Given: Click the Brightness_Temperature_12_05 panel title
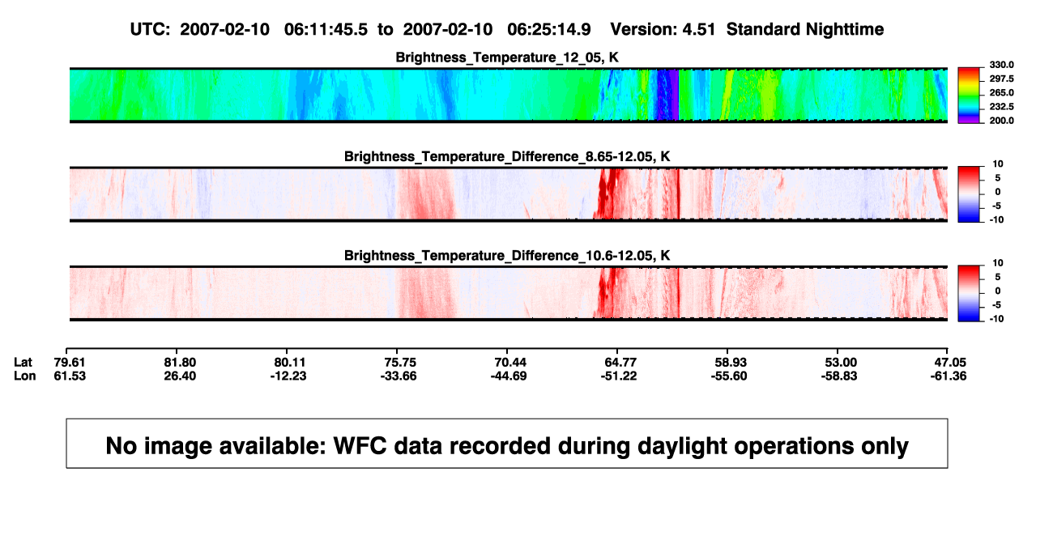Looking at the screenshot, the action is coord(507,57).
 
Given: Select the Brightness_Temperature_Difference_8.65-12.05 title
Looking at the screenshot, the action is coord(507,156).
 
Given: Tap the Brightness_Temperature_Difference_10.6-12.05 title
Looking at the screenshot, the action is coord(507,256).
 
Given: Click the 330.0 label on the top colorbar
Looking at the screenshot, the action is coord(1001,65).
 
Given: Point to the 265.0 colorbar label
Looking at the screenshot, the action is coord(1001,92).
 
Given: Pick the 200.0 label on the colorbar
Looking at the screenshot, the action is coord(1001,121).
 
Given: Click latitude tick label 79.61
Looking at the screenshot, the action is coord(70,363).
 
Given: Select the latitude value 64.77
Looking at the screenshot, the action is coord(620,363).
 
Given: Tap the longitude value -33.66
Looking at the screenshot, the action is coord(399,376).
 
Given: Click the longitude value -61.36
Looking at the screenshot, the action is coord(949,376).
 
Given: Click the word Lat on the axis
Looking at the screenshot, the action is coord(23,363).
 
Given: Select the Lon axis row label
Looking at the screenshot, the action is coord(25,376).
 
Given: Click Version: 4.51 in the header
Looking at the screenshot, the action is coord(663,29).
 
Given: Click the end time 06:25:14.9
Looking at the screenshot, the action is coord(549,29).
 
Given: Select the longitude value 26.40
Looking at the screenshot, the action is coord(180,376).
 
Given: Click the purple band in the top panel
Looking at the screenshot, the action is coord(674,95).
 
